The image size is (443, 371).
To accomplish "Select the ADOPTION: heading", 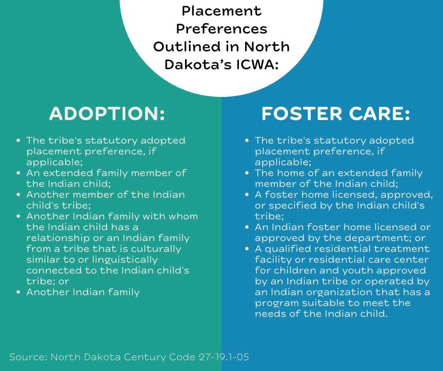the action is pyautogui.click(x=107, y=113).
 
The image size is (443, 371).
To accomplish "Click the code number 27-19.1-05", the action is pyautogui.click(x=224, y=357).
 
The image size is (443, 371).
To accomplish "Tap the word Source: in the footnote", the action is pyautogui.click(x=28, y=357).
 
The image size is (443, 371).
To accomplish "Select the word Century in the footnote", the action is pyautogui.click(x=145, y=357).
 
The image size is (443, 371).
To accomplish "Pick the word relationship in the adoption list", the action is pyautogui.click(x=58, y=238).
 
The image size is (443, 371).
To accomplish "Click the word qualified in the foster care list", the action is pyautogui.click(x=289, y=249).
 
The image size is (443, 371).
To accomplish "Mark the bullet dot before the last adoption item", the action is pyautogui.click(x=19, y=292).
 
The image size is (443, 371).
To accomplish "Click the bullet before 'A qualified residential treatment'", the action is pyautogui.click(x=247, y=249).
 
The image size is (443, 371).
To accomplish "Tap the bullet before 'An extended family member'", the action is pyautogui.click(x=19, y=173).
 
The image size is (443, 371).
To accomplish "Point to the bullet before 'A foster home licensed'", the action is pyautogui.click(x=247, y=194).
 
